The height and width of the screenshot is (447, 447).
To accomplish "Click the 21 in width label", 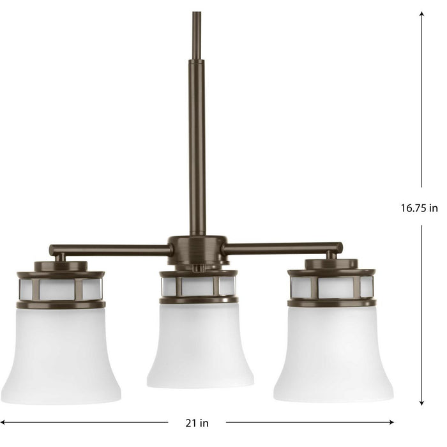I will [197, 422].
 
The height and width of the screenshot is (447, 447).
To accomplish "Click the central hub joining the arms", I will [197, 248].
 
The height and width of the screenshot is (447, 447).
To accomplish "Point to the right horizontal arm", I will [281, 248].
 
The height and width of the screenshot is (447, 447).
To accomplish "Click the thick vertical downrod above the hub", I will [197, 147].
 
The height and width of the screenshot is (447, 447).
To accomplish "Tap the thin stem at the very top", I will [196, 32].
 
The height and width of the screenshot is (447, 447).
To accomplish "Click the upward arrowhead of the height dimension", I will [421, 14].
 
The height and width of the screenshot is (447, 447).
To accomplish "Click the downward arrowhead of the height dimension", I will [421, 402].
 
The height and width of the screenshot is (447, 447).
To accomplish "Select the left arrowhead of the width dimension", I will [5, 422].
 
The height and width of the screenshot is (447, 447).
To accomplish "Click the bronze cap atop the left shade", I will [61, 267].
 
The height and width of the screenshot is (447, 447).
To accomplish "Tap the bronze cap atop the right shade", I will [331, 264].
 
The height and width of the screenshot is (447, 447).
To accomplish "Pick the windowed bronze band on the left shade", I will [61, 289].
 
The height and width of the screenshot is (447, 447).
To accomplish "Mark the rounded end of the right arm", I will [338, 248].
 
